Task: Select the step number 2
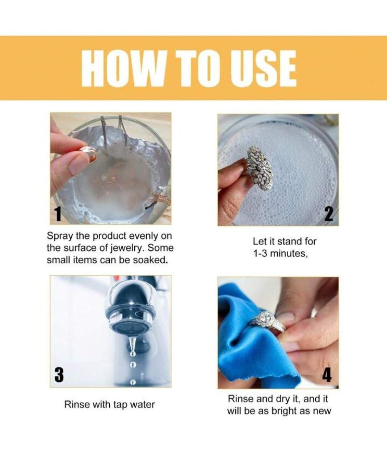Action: tap(329, 214)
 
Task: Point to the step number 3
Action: tap(59, 375)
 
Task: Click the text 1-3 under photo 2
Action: tap(260, 254)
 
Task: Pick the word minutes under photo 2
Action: tap(289, 254)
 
